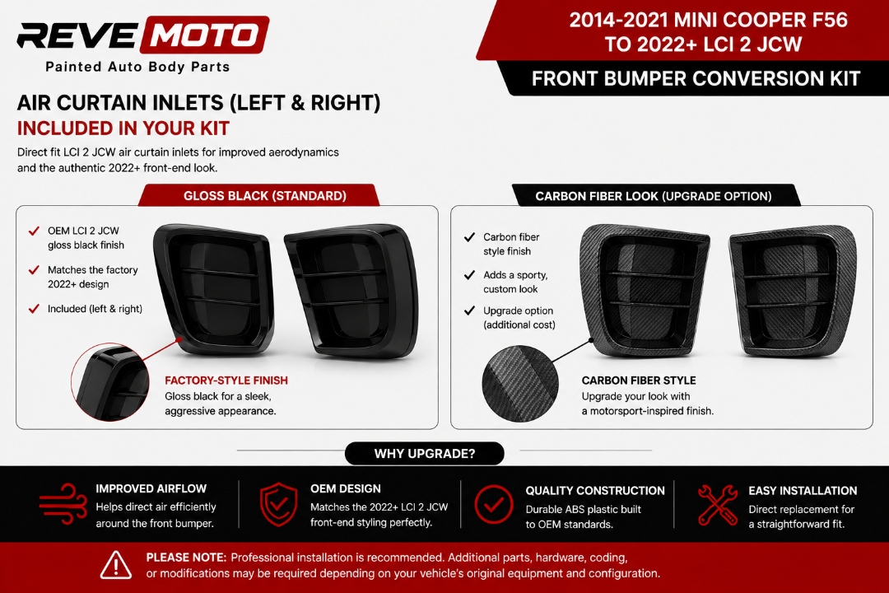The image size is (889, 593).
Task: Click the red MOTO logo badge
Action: pyautogui.click(x=205, y=35)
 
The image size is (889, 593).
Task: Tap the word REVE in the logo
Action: pyautogui.click(x=77, y=35)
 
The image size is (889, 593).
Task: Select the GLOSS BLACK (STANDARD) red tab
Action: pyautogui.click(x=259, y=196)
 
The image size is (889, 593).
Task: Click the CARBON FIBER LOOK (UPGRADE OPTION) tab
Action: pyautogui.click(x=655, y=196)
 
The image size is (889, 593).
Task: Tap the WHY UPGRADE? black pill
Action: pyautogui.click(x=424, y=454)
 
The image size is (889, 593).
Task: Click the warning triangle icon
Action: pyautogui.click(x=116, y=565)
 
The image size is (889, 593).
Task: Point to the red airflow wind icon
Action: pyautogui.click(x=63, y=503)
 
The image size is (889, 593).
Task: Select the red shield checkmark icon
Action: pyautogui.click(x=278, y=504)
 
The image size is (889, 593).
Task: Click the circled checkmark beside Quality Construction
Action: pyautogui.click(x=494, y=504)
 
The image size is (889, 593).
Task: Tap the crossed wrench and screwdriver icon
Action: pyautogui.click(x=718, y=505)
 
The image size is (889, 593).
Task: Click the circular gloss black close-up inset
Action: pyautogui.click(x=110, y=382)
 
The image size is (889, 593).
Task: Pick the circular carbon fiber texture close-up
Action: pyautogui.click(x=520, y=384)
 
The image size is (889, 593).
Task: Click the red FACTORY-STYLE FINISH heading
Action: pyautogui.click(x=226, y=381)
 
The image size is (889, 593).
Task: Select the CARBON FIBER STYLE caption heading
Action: pyautogui.click(x=639, y=381)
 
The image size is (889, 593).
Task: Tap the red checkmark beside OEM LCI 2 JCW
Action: pyautogui.click(x=34, y=231)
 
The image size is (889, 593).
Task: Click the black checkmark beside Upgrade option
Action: pyautogui.click(x=469, y=311)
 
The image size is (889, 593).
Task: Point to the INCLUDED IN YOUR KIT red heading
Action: pyautogui.click(x=123, y=128)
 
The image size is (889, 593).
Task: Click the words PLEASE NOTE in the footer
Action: pyautogui.click(x=186, y=558)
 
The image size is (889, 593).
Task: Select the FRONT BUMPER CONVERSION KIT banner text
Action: pyautogui.click(x=696, y=78)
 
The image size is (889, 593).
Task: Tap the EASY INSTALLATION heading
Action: pyautogui.click(x=803, y=490)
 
